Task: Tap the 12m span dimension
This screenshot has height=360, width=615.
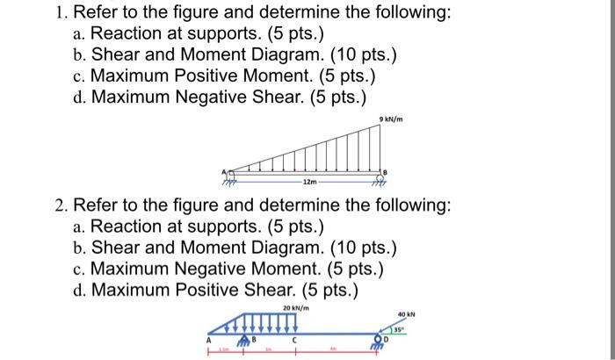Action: pyautogui.click(x=309, y=184)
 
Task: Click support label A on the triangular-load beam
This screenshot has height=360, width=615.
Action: pyautogui.click(x=225, y=169)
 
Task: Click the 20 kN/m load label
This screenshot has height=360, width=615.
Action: pyautogui.click(x=295, y=307)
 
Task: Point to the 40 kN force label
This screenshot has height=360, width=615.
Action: pyautogui.click(x=405, y=313)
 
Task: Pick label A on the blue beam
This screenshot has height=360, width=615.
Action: pyautogui.click(x=209, y=338)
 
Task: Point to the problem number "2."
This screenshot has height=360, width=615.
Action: pyautogui.click(x=61, y=205)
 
